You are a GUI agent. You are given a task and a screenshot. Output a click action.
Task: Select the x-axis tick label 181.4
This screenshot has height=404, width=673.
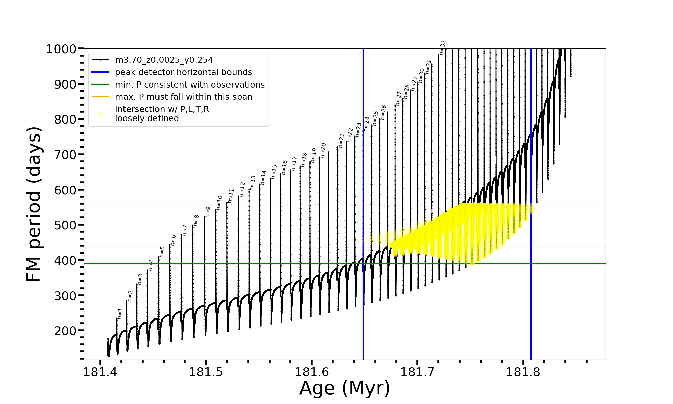[100, 372]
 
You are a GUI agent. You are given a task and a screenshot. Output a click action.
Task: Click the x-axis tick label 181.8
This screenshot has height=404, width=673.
[523, 372]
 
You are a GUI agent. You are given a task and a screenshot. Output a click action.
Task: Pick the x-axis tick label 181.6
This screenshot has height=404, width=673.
[312, 372]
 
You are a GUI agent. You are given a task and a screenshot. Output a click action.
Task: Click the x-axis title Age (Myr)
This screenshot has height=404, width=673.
[345, 388]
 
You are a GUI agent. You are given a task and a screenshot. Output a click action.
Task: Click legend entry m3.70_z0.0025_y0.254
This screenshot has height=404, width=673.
[164, 60]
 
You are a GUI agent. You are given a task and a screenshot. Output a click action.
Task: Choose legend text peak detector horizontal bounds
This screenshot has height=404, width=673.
[183, 72]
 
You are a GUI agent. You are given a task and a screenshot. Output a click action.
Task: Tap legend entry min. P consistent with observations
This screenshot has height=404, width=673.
[190, 85]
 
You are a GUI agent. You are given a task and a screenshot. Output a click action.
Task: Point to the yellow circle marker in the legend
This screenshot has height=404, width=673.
[100, 114]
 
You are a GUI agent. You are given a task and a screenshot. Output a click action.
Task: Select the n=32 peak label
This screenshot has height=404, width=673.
[443, 47]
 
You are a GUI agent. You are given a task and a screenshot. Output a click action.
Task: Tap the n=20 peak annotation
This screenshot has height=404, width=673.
[323, 150]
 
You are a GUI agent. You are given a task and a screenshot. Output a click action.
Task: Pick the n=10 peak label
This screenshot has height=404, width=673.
[219, 203]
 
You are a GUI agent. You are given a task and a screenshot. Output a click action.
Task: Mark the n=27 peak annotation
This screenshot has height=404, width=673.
[399, 98]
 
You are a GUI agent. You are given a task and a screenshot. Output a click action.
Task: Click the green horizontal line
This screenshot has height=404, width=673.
[236, 264]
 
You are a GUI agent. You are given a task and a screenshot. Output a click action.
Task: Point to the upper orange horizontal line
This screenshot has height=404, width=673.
[236, 205]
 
